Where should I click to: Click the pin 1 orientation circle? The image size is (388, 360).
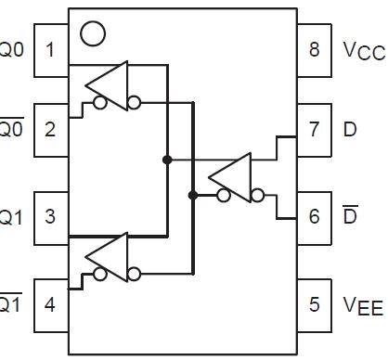[x=93, y=34]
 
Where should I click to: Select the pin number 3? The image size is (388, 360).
[x=50, y=216]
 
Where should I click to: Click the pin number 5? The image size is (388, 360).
[x=315, y=303]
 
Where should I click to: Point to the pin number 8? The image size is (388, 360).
[x=315, y=49]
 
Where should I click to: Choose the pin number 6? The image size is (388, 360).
[x=315, y=216]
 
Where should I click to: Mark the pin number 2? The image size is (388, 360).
[x=50, y=129]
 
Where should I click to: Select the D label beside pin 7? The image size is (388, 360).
[x=350, y=129]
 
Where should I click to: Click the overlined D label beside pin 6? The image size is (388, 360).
[x=350, y=215]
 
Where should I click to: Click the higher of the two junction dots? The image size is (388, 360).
[x=167, y=160]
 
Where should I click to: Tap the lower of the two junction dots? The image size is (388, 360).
[x=192, y=195]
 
